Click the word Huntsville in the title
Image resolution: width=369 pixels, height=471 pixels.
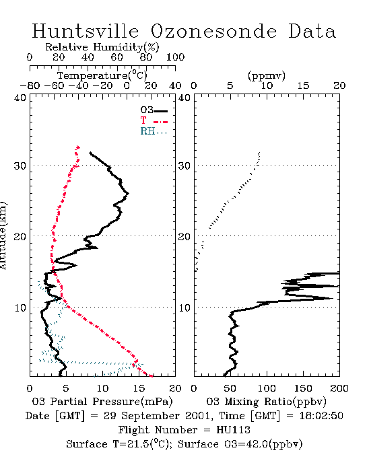(x=86, y=31)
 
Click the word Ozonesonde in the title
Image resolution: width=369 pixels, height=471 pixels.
(x=213, y=31)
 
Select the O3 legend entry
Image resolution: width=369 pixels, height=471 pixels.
(x=154, y=110)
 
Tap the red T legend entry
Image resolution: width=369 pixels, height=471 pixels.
(x=154, y=120)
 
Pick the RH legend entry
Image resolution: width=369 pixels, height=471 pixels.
(x=154, y=131)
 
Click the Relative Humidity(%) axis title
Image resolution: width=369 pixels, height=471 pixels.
(x=102, y=47)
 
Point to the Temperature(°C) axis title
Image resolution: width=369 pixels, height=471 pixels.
(x=102, y=75)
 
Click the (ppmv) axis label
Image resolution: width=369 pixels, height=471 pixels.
(x=267, y=75)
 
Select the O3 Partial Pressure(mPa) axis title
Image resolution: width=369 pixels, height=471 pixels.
(x=102, y=402)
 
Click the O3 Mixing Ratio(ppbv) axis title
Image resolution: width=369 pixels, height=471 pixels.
(x=266, y=402)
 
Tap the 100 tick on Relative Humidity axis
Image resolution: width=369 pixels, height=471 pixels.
(x=175, y=57)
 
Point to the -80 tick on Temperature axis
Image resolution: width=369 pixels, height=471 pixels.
(x=30, y=85)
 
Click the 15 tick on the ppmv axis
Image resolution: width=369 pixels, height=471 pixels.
(x=303, y=85)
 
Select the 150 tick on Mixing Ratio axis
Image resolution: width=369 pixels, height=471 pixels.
(x=303, y=388)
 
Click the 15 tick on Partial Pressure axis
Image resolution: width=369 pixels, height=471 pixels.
(x=139, y=388)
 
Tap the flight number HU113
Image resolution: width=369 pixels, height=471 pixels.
(x=233, y=430)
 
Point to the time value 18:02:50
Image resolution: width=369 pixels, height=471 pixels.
(x=321, y=416)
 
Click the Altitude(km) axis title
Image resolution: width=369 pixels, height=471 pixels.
(x=3, y=235)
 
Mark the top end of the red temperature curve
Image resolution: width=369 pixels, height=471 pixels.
(x=78, y=147)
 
